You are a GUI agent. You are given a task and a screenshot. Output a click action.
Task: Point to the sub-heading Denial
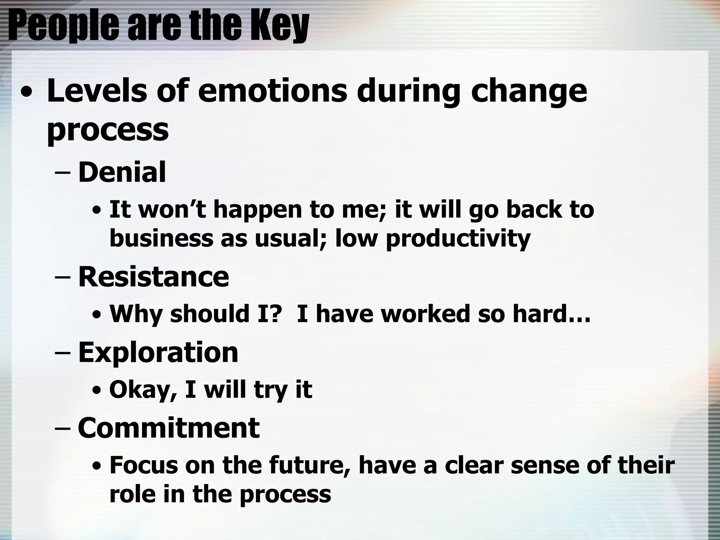tap(122, 172)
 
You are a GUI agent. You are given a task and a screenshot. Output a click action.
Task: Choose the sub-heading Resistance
tap(153, 277)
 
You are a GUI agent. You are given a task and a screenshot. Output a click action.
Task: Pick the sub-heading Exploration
tap(158, 352)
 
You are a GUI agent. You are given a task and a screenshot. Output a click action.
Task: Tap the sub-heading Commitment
tap(168, 428)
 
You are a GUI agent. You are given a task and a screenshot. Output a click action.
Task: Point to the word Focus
tap(144, 465)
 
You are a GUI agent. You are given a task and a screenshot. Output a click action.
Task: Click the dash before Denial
tap(63, 173)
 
